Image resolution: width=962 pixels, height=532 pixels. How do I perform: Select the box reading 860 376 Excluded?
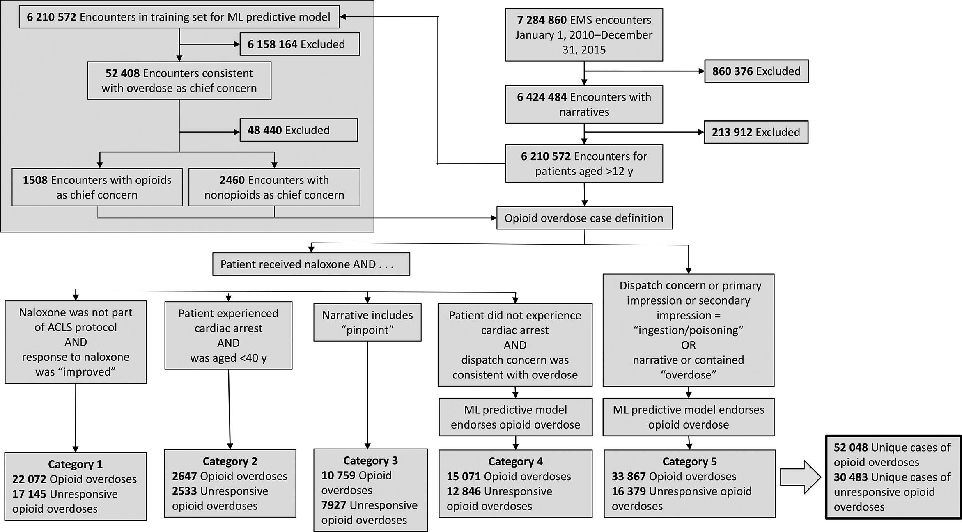[x=756, y=71]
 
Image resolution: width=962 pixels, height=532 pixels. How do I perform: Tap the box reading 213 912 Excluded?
[x=756, y=132]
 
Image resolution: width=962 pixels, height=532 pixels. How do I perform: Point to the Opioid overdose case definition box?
[x=584, y=218]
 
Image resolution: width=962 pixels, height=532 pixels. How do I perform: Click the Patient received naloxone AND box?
[x=311, y=264]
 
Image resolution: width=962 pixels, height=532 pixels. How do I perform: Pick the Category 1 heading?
[x=75, y=464]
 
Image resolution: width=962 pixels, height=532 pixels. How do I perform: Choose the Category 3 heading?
[x=370, y=461]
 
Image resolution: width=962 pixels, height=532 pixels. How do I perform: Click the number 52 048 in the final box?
[x=851, y=447]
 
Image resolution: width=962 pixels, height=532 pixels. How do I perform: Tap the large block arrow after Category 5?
[x=800, y=477]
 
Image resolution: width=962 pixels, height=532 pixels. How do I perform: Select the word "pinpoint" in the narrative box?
[x=367, y=330]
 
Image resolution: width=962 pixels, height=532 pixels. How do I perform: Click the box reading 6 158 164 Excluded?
[x=300, y=44]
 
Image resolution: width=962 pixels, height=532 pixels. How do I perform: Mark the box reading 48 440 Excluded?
[x=298, y=130]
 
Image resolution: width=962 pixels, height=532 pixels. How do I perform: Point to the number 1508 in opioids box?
[x=35, y=180]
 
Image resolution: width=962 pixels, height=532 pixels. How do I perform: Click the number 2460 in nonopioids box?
[x=232, y=180]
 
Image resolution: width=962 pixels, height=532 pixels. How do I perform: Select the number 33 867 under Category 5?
[x=628, y=477]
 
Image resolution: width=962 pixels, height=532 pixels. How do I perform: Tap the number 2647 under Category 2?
[x=185, y=476]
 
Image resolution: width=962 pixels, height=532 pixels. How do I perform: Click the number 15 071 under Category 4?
[x=464, y=477]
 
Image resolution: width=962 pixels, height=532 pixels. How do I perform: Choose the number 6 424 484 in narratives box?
[x=542, y=97]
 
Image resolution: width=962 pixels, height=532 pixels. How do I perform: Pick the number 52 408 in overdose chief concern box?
[x=122, y=73]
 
